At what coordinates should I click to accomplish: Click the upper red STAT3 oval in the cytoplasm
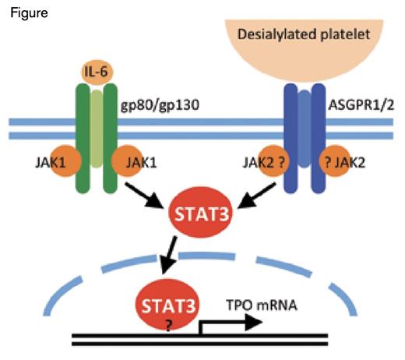[204, 211]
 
